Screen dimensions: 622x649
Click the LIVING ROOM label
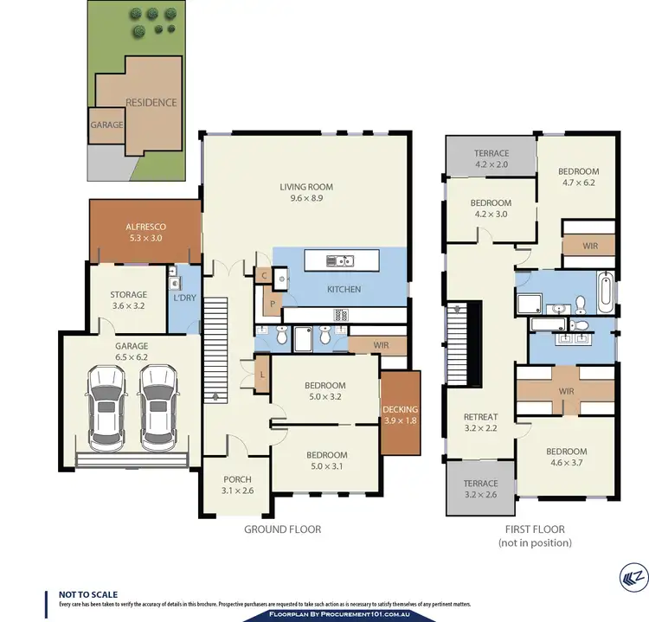point(305,187)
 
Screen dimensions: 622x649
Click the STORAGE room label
point(128,295)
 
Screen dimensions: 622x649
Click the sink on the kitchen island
point(344,260)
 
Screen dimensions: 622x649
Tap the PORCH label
point(237,480)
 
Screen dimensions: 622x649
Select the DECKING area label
point(400,409)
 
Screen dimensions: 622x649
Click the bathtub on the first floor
point(605,292)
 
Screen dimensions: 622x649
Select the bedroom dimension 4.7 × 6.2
point(578,183)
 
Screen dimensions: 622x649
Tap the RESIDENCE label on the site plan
point(151,102)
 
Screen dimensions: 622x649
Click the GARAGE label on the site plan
point(107,125)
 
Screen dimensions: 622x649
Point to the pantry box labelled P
point(273,304)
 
